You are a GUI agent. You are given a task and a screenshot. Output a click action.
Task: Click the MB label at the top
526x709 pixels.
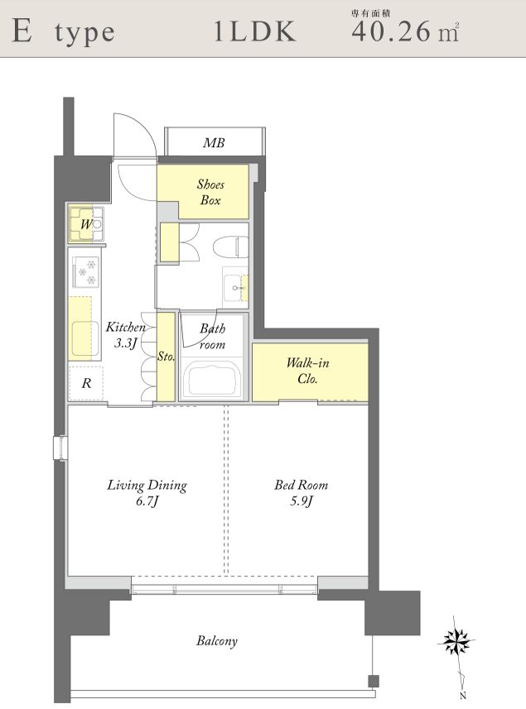214,143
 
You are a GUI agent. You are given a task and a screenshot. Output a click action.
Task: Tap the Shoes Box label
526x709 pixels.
210,192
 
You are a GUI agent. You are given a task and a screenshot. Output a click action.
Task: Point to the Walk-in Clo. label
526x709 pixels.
307,371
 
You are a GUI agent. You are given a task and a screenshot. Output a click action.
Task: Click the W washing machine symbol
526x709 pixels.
86,224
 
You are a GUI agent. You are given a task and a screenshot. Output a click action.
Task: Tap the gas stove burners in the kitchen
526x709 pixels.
86,272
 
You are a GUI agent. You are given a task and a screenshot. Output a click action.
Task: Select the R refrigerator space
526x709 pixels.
86,383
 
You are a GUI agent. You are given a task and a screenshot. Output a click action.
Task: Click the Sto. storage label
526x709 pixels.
166,357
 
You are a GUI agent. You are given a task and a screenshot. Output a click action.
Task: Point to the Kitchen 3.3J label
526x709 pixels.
125,334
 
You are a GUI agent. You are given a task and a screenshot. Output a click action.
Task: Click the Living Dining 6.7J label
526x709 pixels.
147,493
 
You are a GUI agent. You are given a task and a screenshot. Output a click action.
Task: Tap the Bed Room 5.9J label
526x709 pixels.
301,493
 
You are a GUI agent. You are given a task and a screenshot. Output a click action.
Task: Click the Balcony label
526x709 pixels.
217,640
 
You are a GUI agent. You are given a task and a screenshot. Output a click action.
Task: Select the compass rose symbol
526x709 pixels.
456,640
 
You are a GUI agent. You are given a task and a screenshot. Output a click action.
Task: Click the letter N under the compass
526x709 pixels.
462,697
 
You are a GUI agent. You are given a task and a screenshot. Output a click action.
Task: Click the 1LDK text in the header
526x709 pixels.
255,31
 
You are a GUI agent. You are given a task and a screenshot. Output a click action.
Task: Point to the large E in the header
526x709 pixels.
22,31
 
